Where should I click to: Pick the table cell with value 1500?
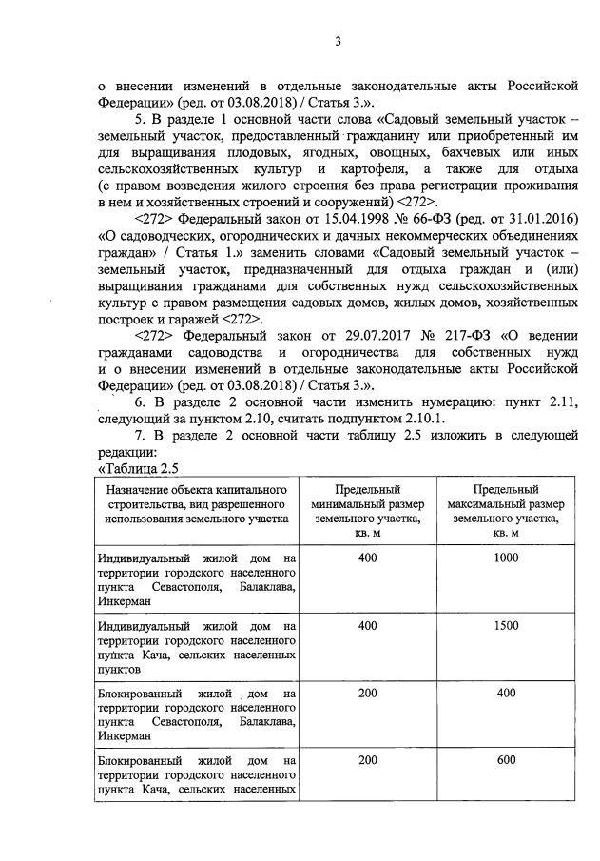[505, 626]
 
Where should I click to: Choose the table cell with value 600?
[505, 762]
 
